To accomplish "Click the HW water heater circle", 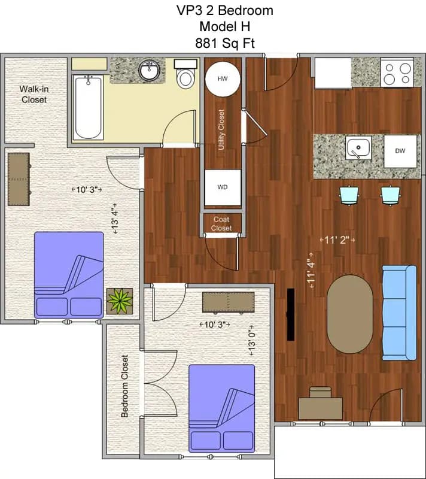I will coord(223,79).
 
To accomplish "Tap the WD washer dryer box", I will coord(223,187).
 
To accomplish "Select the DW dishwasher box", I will coord(400,150).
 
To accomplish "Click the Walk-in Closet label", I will coord(34,94).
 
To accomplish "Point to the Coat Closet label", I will coord(221,223).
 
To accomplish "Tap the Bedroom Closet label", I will coord(125,386).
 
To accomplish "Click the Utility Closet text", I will coord(222,129).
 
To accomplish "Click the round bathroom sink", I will coord(149,71).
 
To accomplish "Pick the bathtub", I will coord(89,107).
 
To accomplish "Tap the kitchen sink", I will coord(358,148).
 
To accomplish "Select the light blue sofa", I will coord(399,313).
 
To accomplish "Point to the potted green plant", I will coord(120,300).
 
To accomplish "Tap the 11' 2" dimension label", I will coord(339,240).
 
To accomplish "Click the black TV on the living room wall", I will coord(291,315).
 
